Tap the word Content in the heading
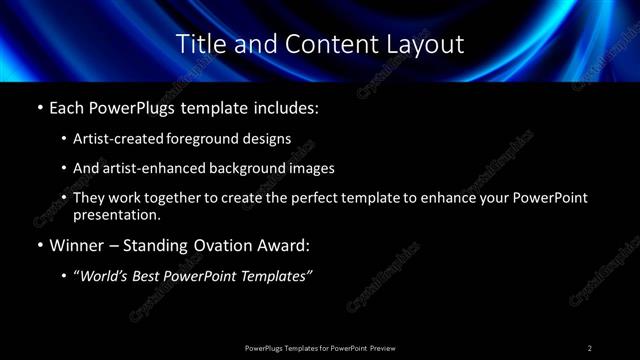[x=321, y=44]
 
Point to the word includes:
[x=286, y=105]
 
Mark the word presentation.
[x=116, y=215]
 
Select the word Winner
[x=73, y=244]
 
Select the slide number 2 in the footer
[x=590, y=348]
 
